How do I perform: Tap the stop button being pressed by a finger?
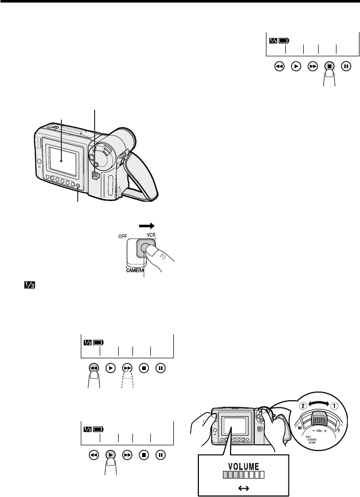point(330,67)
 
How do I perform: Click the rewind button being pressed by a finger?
point(93,368)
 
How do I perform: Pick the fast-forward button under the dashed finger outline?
point(127,368)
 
